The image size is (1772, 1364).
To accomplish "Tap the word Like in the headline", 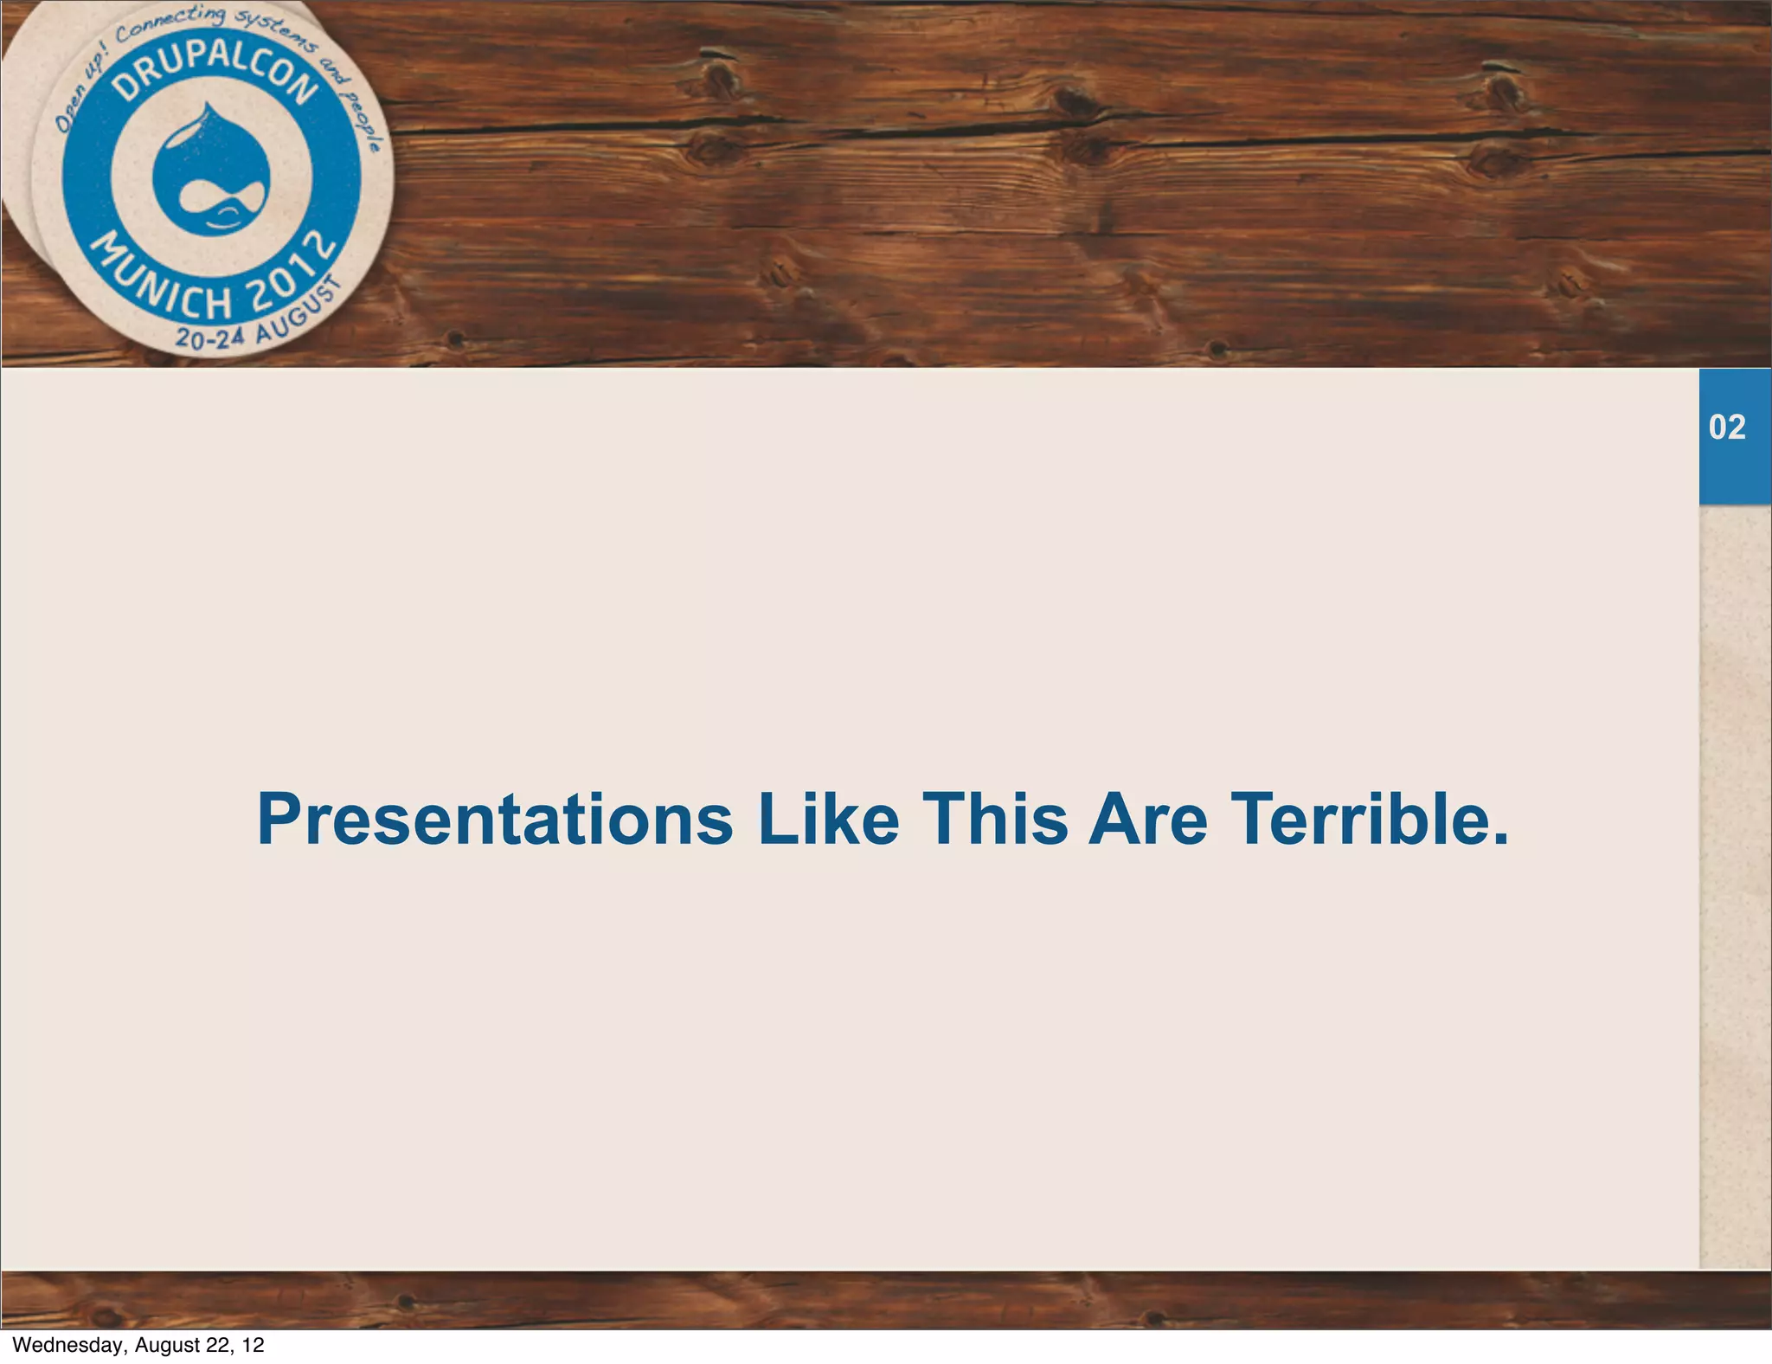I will coord(828,819).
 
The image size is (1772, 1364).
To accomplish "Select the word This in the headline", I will coord(995,819).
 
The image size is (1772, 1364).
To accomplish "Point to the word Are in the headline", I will coord(1147,819).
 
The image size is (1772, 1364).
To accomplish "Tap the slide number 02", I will coord(1727,428).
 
